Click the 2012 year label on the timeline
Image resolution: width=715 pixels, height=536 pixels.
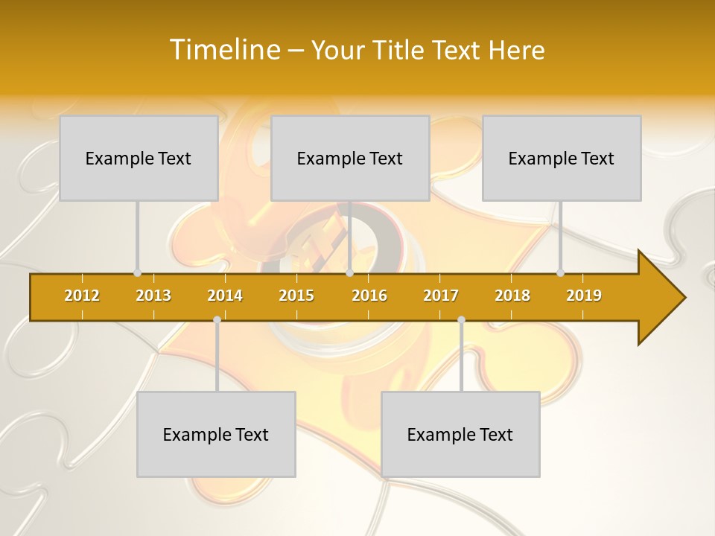point(82,296)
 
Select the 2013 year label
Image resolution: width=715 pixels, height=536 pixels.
point(153,296)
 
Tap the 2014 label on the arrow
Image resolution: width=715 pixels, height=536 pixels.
point(225,296)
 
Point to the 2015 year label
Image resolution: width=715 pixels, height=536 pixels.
point(296,296)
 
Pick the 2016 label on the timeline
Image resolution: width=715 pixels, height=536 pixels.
point(369,296)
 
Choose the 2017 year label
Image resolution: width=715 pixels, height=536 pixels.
point(441,296)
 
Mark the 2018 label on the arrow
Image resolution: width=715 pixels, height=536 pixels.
point(512,296)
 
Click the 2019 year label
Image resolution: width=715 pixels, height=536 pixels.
point(584,296)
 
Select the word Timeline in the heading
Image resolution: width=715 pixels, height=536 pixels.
point(223,50)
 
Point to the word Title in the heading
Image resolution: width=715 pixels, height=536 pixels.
point(399,50)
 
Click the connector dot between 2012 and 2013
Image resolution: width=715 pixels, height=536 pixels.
point(137,272)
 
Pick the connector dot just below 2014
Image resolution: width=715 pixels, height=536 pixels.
point(217,320)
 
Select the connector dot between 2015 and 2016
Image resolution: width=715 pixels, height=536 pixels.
point(349,272)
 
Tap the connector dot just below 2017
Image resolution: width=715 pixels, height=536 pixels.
point(461,320)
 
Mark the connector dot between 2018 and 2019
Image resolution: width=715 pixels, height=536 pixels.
point(561,272)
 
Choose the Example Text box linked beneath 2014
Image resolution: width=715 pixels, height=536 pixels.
point(216,434)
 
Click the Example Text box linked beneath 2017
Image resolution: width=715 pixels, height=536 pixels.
point(460,434)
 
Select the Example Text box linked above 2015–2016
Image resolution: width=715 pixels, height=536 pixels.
point(350,158)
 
